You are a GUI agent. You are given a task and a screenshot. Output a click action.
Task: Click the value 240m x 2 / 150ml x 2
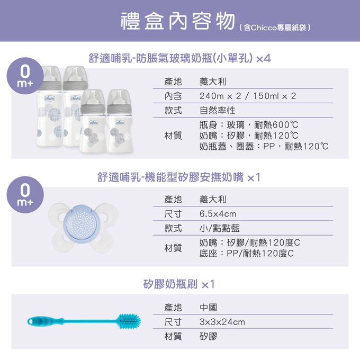248,96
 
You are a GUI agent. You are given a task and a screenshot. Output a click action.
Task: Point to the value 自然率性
218,111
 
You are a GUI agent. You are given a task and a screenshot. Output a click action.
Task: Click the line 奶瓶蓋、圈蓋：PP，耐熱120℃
264,146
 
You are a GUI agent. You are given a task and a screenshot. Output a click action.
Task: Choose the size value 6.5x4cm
218,214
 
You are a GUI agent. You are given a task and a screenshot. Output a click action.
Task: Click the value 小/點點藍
219,228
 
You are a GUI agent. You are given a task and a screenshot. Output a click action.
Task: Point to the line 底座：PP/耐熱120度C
247,254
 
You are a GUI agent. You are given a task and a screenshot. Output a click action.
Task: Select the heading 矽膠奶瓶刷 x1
179,284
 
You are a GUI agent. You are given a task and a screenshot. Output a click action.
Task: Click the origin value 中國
208,308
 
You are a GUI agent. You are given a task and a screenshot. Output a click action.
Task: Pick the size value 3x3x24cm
222,322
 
